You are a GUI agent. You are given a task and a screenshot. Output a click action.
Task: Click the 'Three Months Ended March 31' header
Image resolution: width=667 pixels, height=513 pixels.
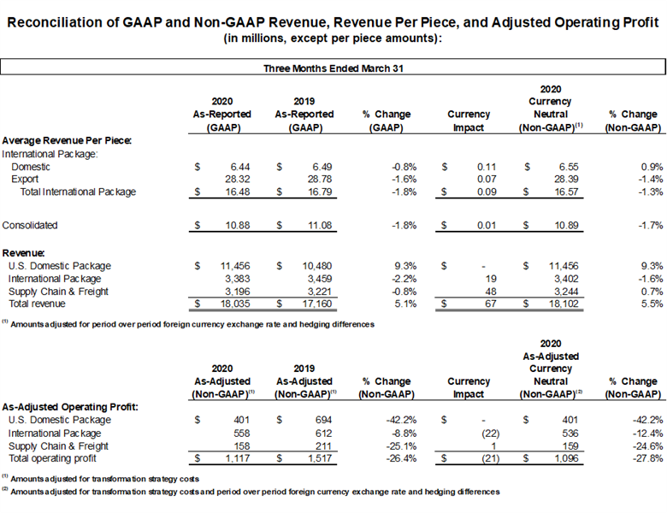click(333, 68)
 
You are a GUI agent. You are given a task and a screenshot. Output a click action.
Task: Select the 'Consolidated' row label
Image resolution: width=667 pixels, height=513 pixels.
click(30, 225)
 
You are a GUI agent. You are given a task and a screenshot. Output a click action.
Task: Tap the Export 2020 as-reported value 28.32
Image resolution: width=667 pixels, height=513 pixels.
click(238, 179)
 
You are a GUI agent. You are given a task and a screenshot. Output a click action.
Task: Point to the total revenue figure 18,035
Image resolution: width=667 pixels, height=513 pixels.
click(235, 304)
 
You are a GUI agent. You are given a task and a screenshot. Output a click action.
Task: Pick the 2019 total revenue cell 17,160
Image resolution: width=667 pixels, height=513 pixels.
click(317, 304)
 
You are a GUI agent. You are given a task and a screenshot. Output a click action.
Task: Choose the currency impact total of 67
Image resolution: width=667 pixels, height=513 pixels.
click(491, 304)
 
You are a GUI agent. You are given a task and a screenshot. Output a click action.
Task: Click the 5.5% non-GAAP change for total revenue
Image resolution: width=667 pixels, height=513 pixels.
click(652, 304)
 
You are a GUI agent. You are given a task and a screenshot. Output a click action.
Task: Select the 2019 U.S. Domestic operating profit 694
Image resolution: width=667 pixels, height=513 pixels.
click(323, 420)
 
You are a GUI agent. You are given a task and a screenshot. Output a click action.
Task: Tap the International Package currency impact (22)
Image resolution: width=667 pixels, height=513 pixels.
click(491, 433)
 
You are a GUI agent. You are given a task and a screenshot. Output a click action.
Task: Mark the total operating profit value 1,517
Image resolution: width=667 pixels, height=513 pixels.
click(319, 458)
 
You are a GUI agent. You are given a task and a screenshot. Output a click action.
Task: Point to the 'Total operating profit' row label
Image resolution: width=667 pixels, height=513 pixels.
click(52, 458)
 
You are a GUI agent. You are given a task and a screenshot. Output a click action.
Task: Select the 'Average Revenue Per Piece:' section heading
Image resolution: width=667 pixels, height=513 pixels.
click(67, 140)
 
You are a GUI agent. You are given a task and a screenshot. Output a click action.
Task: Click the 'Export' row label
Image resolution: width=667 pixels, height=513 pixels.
click(25, 179)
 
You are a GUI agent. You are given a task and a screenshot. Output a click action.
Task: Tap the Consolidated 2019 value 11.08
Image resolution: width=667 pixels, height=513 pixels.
click(320, 225)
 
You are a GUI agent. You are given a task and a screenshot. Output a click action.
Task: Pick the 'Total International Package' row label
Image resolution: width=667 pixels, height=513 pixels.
click(79, 192)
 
